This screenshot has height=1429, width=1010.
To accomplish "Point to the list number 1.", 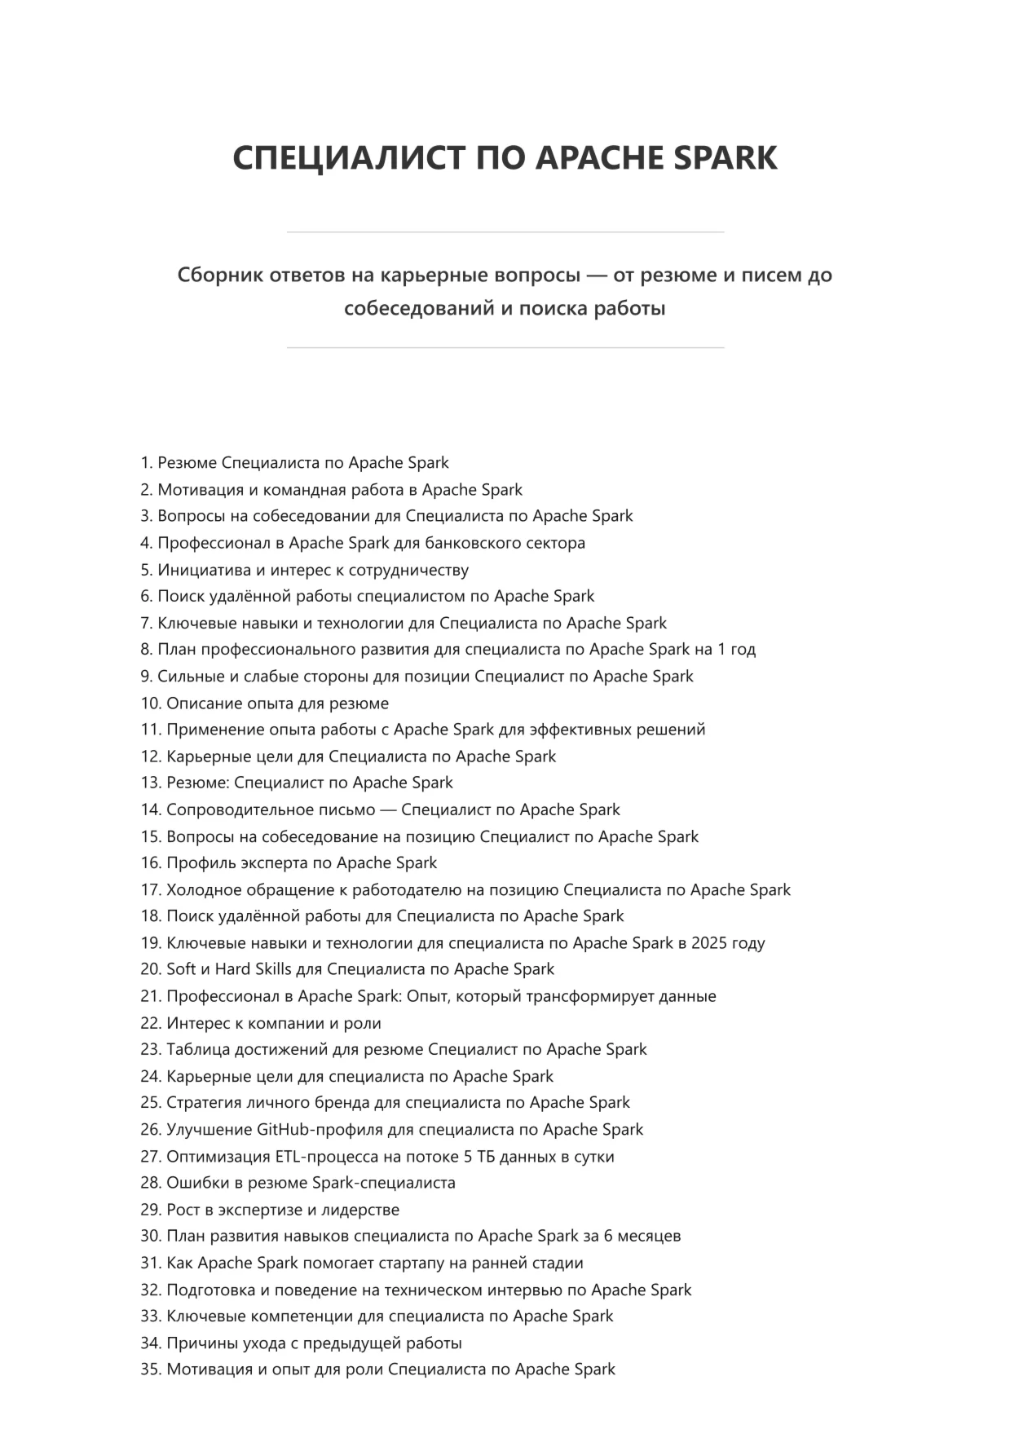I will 146,463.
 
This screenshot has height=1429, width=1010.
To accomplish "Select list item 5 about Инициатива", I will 312,570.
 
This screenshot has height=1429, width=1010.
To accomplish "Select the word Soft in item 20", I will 181,969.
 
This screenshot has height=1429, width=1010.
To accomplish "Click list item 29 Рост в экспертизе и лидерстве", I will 282,1210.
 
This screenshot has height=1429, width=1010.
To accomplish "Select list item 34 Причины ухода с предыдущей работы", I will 314,1343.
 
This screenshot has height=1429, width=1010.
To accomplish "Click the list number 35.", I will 151,1369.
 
